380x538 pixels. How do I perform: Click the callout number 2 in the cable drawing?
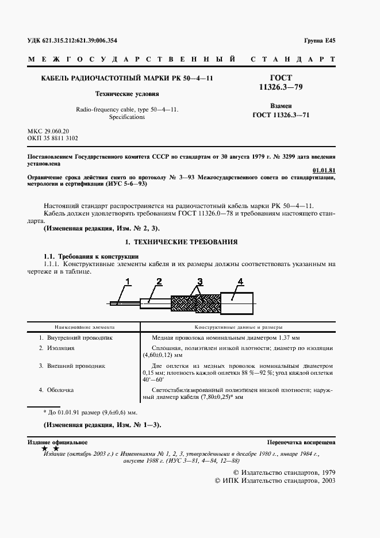pyautogui.click(x=159, y=282)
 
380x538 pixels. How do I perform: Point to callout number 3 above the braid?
pyautogui.click(x=199, y=282)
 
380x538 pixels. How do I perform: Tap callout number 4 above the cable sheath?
pyautogui.click(x=240, y=282)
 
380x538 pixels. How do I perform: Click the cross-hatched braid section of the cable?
pyautogui.click(x=195, y=302)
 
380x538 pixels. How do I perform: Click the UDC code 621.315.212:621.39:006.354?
pyautogui.click(x=81, y=41)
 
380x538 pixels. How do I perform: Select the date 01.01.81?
pyautogui.click(x=324, y=170)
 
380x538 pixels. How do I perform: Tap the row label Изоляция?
pyautogui.click(x=60, y=348)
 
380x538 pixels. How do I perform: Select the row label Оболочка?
pyautogui.click(x=60, y=390)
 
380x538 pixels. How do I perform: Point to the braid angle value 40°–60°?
pyautogui.click(x=153, y=380)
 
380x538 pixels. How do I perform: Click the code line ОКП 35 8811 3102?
pyautogui.click(x=53, y=139)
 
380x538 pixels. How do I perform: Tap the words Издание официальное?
pyautogui.click(x=57, y=442)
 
